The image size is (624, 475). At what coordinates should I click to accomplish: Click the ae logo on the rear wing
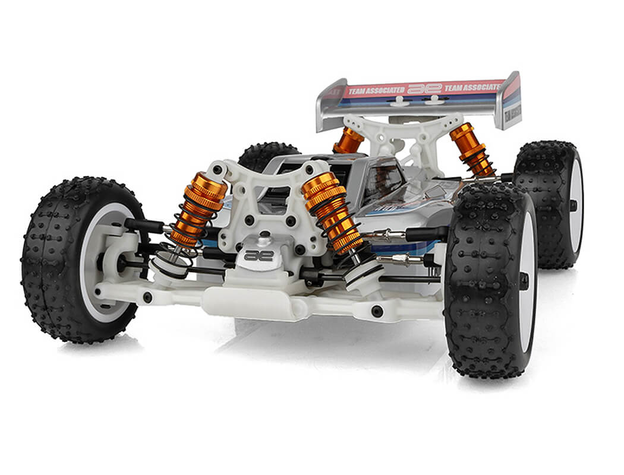pyautogui.click(x=424, y=88)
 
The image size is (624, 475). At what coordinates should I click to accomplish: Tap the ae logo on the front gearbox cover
pyautogui.click(x=259, y=255)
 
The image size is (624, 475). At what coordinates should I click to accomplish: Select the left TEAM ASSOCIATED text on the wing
pyautogui.click(x=376, y=91)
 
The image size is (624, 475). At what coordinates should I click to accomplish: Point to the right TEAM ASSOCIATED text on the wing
pyautogui.click(x=473, y=87)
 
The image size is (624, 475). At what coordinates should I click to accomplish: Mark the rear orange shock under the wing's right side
pyautogui.click(x=471, y=148)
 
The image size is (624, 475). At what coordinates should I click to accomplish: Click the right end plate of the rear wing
pyautogui.click(x=511, y=101)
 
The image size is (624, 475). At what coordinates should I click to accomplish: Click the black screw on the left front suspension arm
pyautogui.click(x=147, y=297)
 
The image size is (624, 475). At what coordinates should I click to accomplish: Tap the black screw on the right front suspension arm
pyautogui.click(x=377, y=311)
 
